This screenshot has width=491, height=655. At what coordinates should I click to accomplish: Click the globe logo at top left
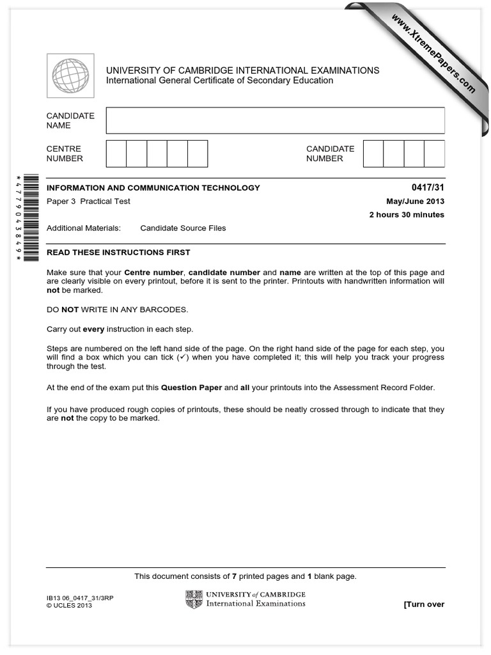coord(70,76)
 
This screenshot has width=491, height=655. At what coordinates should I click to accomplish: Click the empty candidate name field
coord(275,120)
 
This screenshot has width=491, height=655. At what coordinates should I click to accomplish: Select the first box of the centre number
coord(116,154)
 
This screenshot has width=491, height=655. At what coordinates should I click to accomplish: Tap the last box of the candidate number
coord(435,154)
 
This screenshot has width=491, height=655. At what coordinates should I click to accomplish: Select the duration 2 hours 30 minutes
coord(407,214)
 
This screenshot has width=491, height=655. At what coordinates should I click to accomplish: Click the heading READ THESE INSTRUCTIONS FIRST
coord(118,252)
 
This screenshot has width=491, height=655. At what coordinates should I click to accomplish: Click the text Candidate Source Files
coord(183,228)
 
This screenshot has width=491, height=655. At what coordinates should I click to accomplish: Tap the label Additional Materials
coord(83,228)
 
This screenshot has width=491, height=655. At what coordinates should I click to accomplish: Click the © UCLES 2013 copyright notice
coord(69,606)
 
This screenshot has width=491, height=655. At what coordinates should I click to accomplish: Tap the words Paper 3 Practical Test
coord(88,201)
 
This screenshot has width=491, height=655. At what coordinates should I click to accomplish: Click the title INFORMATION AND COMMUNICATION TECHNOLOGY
coord(153,187)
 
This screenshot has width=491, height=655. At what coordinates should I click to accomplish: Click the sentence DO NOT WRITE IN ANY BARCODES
coord(118,310)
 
